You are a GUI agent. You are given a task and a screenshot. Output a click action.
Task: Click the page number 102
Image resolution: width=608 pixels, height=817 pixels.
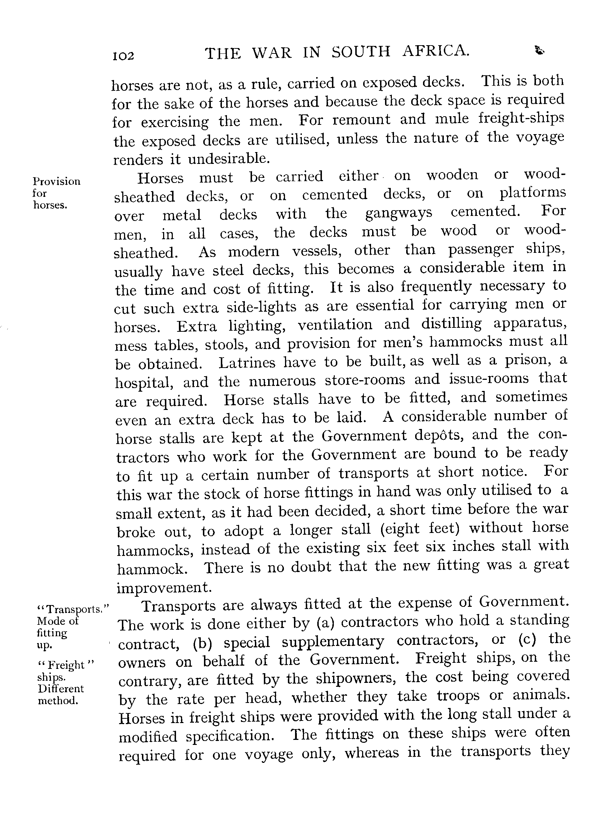124,56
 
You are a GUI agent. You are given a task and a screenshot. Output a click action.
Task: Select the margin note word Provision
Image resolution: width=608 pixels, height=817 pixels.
56,181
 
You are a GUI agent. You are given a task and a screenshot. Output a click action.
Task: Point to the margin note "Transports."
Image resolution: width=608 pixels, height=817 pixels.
73,610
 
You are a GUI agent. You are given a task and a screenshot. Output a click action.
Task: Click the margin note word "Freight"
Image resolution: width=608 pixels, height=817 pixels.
66,665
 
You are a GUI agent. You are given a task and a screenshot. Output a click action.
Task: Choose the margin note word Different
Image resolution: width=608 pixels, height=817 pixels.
61,689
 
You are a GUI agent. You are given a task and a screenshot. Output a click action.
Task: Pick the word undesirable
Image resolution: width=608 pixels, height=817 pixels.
229,159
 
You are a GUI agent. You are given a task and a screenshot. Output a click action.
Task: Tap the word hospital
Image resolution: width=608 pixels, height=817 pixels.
144,383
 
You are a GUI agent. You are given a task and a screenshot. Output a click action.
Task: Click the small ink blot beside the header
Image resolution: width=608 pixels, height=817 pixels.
540,51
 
